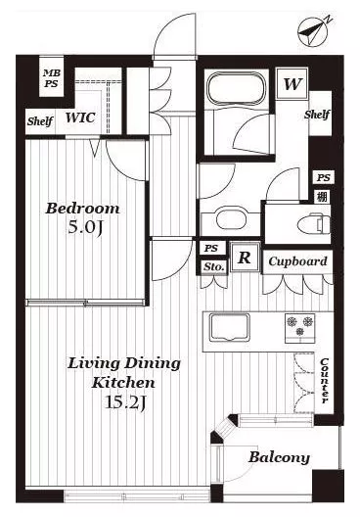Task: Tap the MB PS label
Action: pos(52,78)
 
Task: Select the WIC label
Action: pos(80,117)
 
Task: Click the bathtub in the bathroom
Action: pos(237,88)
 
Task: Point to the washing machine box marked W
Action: pos(292,84)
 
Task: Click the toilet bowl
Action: pos(313,223)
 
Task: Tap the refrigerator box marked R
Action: pos(245,257)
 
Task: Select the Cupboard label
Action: pos(297,261)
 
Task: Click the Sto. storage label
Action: pos(214,266)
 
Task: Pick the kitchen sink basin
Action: pos(230,328)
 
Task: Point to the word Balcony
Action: pos(280,457)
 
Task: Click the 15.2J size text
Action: pos(125,402)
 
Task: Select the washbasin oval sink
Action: pos(232,218)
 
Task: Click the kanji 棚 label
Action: pos(322,197)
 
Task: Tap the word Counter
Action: pos(325,381)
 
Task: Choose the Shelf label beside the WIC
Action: pos(40,121)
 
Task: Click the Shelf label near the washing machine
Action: pos(317,115)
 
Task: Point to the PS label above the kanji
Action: pos(323,178)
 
